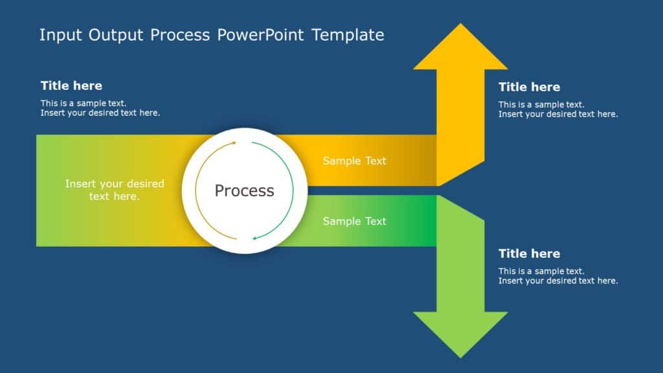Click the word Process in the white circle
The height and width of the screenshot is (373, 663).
click(x=244, y=190)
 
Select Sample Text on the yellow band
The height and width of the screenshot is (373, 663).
click(x=354, y=161)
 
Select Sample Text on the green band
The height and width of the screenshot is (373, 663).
click(x=354, y=221)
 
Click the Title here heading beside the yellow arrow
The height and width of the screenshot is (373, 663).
click(x=529, y=87)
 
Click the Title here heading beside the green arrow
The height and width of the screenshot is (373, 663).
click(x=529, y=253)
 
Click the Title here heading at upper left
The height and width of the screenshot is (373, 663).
click(x=71, y=85)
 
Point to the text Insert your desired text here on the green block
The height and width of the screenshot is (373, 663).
click(x=115, y=190)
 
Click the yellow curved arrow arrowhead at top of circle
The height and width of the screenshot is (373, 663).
click(x=234, y=143)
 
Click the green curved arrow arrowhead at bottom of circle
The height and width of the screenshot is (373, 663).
click(x=255, y=238)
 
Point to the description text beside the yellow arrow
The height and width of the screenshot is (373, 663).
click(x=557, y=109)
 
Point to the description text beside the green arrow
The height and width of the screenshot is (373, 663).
click(x=557, y=276)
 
